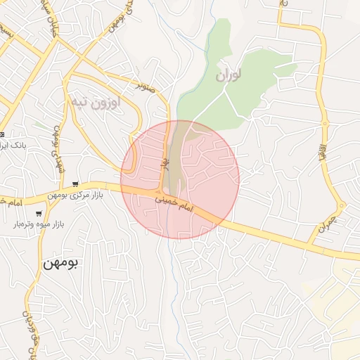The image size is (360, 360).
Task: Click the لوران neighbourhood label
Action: click(x=228, y=74)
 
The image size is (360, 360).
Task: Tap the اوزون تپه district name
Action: click(x=95, y=102)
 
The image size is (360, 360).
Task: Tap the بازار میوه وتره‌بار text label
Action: click(x=38, y=224)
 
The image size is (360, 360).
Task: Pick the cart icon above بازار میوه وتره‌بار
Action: click(x=38, y=214)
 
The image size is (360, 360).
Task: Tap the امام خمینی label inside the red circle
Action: click(x=173, y=205)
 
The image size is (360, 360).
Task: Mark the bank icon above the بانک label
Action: click(x=3, y=134)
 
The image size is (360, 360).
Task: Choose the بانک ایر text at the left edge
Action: click(x=12, y=145)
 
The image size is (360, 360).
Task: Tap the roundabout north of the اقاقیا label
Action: click(x=325, y=124)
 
